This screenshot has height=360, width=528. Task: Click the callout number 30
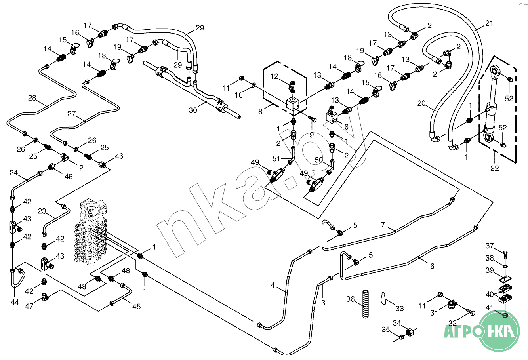[x=193, y=110]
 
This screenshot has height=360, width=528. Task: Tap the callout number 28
[x=32, y=98]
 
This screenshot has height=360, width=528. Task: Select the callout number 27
[x=71, y=114]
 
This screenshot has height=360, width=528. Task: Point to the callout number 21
[x=490, y=23]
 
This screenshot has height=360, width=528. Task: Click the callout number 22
[x=495, y=168]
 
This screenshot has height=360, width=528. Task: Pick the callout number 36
[x=351, y=299]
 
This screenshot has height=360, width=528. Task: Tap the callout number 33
[x=400, y=308]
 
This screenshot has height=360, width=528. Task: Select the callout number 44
[x=14, y=302]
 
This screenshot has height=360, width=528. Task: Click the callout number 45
[x=137, y=306]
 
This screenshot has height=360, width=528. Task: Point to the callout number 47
[x=29, y=306]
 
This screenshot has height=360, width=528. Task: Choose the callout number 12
[x=275, y=76]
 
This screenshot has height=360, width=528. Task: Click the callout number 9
[x=312, y=135]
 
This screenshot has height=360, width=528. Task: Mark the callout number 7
[x=383, y=225]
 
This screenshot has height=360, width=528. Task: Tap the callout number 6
[x=432, y=266]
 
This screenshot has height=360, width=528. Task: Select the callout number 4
[x=273, y=285]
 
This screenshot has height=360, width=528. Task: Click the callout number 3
[x=323, y=303]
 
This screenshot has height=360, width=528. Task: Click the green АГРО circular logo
[x=499, y=330]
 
